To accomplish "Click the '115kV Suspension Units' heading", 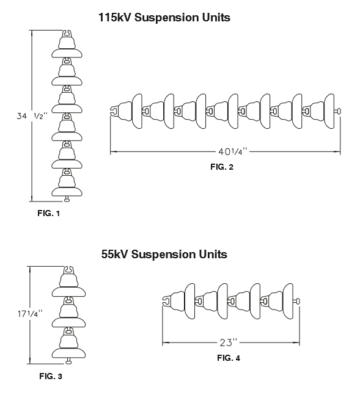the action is click(164, 18).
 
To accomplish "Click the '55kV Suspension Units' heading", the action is click(164, 254).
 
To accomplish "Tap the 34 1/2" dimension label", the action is click(32, 116).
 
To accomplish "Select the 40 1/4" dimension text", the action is click(232, 151).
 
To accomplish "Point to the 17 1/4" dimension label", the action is click(30, 314).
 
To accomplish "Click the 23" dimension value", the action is click(229, 342).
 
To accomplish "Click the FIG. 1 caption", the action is click(49, 213).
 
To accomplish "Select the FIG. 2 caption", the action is click(222, 167).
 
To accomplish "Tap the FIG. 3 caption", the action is click(51, 376).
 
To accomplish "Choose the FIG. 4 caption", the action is click(229, 358).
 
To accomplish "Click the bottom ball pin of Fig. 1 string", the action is click(67, 199).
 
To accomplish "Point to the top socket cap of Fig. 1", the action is click(67, 34).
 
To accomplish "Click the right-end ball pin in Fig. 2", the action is click(338, 111).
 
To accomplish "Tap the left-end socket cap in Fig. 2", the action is click(114, 111).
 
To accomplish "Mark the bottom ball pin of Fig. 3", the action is click(68, 361).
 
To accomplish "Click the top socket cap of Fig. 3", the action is click(68, 270).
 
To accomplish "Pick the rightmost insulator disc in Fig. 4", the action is click(288, 302).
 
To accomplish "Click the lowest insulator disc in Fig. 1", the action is click(67, 192).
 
